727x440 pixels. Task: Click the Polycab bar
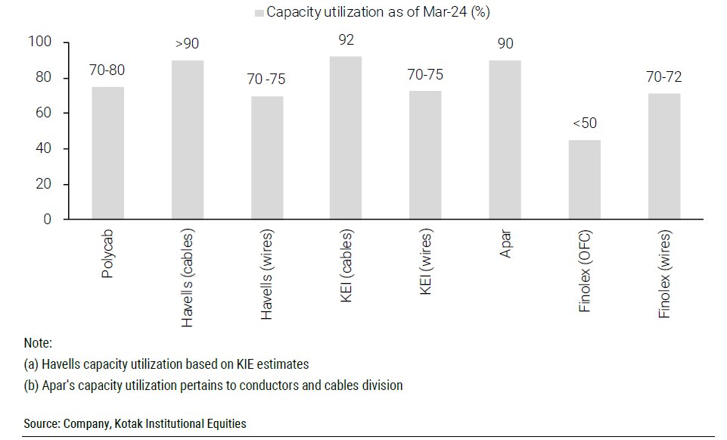coord(107,153)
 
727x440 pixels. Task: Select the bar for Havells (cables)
coord(187,140)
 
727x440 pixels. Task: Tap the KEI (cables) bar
coord(346,138)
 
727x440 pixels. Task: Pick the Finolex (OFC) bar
coord(584,179)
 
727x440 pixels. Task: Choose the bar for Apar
coord(505,140)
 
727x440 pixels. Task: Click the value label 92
coord(346,40)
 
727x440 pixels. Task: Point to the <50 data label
coord(584,123)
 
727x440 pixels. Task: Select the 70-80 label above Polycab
coord(107,71)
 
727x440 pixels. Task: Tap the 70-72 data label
coord(663,76)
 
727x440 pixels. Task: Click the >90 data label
coord(187,43)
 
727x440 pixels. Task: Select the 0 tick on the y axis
coord(47,220)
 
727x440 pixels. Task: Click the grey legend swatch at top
coord(259,13)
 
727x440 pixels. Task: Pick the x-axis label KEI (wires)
coord(425,269)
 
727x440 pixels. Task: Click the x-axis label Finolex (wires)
coord(663,276)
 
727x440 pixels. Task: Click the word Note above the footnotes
coord(38,343)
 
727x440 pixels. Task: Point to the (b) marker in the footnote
coord(32,385)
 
